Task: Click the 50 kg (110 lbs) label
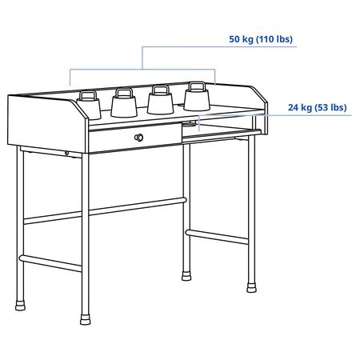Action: coord(261,39)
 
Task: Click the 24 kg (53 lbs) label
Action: coord(317,107)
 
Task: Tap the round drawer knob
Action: coord(138,138)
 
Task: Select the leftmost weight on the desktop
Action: coord(89,106)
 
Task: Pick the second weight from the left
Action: coord(124,102)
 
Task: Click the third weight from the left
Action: coord(160,99)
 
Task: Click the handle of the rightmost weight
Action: coord(197,86)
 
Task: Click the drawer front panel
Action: coord(134,138)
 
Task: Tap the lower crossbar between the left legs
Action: coord(50,263)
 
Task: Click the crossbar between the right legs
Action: coord(217,237)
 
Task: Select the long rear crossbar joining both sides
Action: coord(106,210)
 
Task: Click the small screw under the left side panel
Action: coord(66,153)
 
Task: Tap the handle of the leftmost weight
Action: coord(89,95)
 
